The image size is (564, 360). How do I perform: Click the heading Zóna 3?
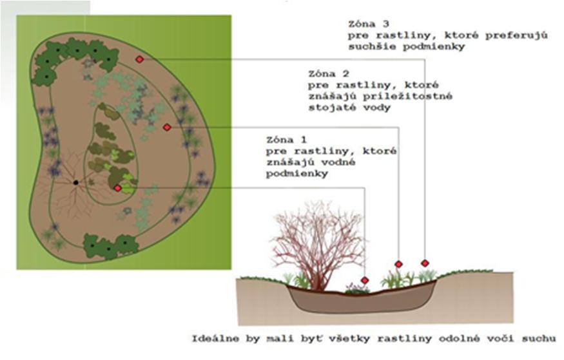click(x=368, y=24)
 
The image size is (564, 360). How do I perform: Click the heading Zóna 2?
click(x=328, y=74)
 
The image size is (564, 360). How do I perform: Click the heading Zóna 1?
click(x=286, y=140)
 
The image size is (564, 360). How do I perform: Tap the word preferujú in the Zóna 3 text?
click(x=516, y=36)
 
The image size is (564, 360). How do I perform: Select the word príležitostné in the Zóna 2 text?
click(x=407, y=97)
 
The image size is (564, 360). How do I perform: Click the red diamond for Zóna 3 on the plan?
click(x=140, y=59)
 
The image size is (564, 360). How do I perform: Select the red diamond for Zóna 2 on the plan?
click(x=166, y=127)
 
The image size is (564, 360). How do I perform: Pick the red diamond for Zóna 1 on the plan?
click(x=117, y=188)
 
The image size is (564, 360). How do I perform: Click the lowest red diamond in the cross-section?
click(x=365, y=280)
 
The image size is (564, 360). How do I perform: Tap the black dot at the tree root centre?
click(x=76, y=182)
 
